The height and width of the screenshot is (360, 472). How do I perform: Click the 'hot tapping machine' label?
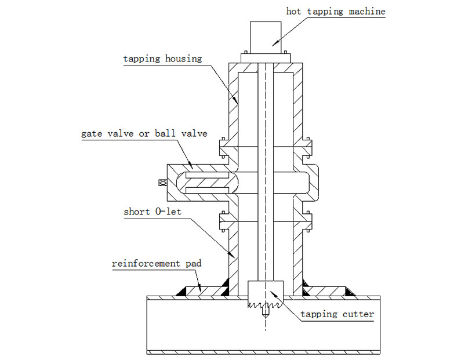tap(335, 11)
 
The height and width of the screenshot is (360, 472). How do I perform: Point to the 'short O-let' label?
tap(152, 212)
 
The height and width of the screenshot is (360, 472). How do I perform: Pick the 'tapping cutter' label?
tap(337, 315)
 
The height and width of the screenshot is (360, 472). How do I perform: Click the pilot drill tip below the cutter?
tap(265, 314)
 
